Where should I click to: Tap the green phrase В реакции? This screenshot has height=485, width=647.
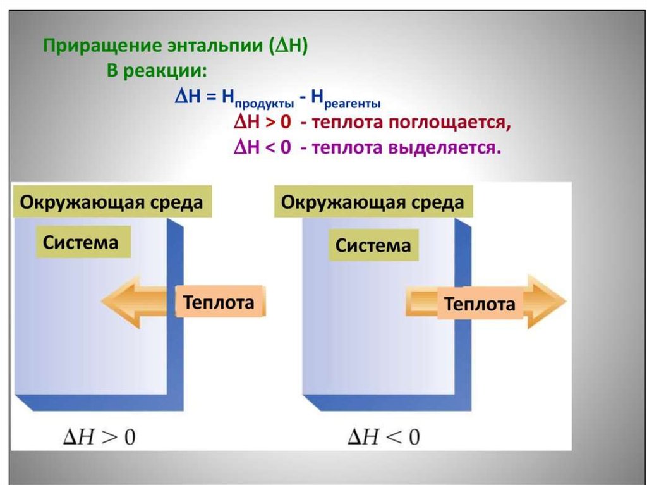[x=155, y=71]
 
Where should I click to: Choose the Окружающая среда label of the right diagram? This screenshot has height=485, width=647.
[x=373, y=203]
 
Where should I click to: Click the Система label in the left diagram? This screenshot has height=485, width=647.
[x=81, y=242]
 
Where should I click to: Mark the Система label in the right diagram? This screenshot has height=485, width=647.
[x=373, y=245]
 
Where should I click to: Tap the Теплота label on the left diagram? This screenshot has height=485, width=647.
[x=219, y=302]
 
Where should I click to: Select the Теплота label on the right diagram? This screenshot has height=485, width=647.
[x=480, y=304]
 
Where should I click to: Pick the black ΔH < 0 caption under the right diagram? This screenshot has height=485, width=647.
[x=383, y=437]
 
